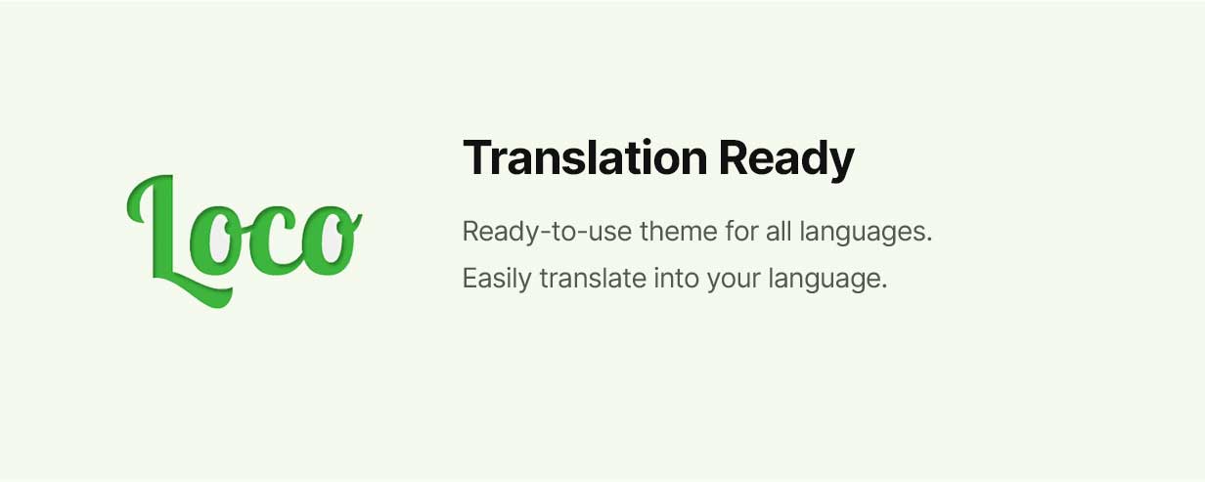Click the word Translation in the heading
point(585,157)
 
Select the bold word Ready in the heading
point(786,159)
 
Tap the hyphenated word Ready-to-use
point(547,232)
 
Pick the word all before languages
point(779,232)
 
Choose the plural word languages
point(866,233)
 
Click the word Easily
point(497,280)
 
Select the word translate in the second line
point(593,278)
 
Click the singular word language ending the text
point(827,280)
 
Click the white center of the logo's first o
point(218,242)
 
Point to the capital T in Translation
point(481,157)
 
